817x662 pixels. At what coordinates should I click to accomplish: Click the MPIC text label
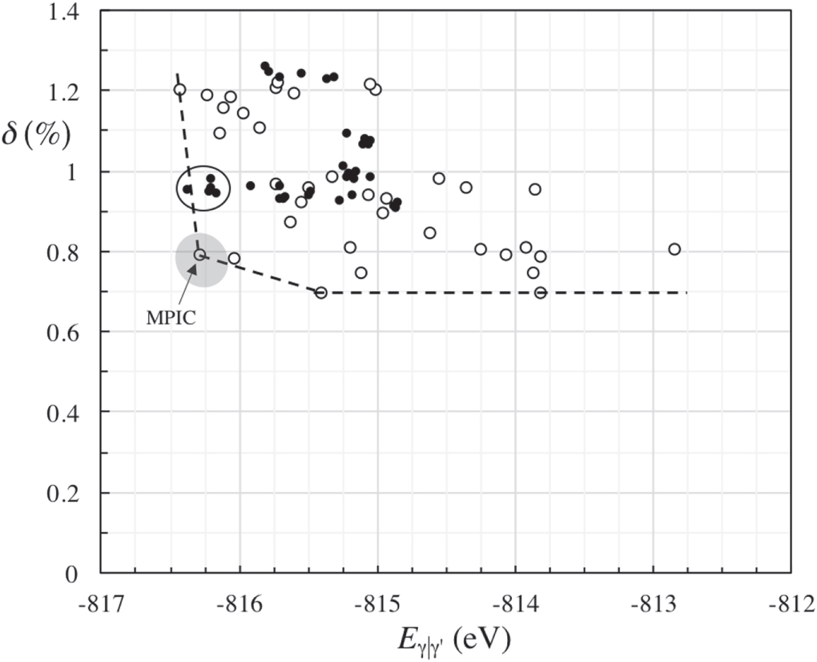click(x=171, y=317)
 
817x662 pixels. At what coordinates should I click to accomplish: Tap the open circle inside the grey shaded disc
click(x=199, y=255)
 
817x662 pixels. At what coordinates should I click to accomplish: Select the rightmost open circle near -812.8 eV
click(x=674, y=249)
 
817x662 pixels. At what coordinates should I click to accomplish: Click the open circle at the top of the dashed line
click(x=180, y=89)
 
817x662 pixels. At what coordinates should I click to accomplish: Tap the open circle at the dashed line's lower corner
click(x=321, y=293)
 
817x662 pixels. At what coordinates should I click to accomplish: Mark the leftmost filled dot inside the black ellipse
click(x=187, y=189)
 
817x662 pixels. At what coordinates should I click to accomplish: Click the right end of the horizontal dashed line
click(x=686, y=293)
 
